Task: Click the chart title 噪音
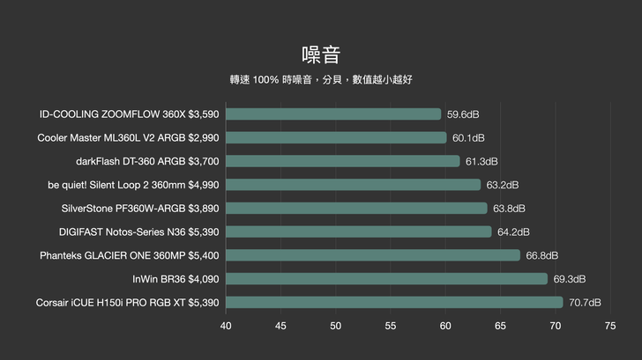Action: click(320, 55)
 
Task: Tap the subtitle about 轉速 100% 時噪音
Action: click(320, 79)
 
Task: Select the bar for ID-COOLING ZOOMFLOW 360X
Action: click(333, 114)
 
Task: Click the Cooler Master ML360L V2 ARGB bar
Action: click(336, 137)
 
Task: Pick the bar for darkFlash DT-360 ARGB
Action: click(343, 161)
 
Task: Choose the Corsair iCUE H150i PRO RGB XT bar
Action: click(394, 303)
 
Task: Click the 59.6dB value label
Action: click(463, 114)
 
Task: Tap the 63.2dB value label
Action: click(503, 185)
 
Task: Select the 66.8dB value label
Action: click(542, 255)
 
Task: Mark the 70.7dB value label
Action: click(585, 303)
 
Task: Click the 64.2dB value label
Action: click(513, 232)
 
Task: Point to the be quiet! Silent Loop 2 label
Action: click(133, 185)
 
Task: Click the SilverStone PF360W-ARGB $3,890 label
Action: click(140, 209)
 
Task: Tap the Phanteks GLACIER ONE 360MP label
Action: click(130, 255)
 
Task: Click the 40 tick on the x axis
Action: click(226, 326)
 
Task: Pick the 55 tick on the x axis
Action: click(391, 326)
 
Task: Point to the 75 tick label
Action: click(610, 326)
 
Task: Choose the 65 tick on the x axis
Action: click(501, 326)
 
